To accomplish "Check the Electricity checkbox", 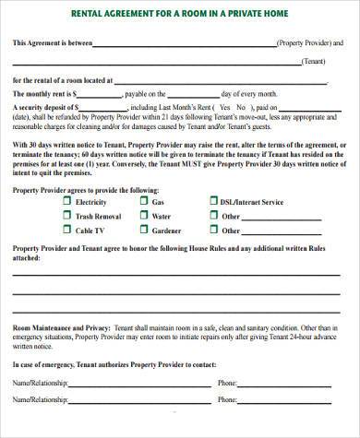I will pos(66,202).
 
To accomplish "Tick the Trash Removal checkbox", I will pos(66,216).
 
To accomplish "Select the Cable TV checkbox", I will pos(66,231).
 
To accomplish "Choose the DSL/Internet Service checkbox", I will pos(213,202).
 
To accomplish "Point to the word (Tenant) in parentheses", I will pos(315,62).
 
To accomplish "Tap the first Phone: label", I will pos(228,382).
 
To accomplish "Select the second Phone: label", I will pos(228,400).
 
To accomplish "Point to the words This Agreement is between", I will pos(52,44).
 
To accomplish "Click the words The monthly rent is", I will pos(42,94).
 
